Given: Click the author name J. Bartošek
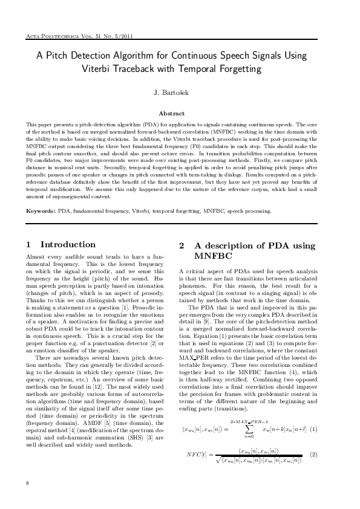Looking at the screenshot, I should [x=180, y=94].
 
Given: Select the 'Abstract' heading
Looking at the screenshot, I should [x=180, y=113].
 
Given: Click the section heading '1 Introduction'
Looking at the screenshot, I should [x=61, y=245].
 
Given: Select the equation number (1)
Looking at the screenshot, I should [x=313, y=430].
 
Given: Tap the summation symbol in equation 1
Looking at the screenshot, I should [x=247, y=429].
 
